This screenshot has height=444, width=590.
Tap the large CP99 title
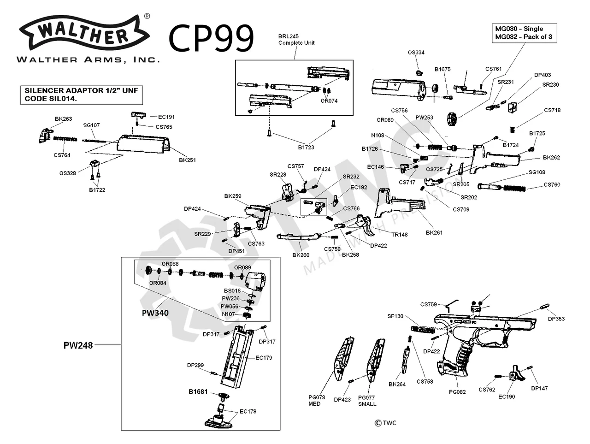[212, 38]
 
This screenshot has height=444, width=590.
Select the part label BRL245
[289, 36]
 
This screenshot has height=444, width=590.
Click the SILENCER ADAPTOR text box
[81, 95]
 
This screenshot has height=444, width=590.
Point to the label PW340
[155, 313]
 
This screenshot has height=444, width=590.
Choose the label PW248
[78, 345]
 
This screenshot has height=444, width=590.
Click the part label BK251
[188, 160]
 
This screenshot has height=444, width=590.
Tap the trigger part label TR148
[400, 234]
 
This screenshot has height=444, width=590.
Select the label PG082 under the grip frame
[457, 392]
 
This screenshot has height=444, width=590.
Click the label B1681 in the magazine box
[198, 392]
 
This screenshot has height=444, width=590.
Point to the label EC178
[248, 411]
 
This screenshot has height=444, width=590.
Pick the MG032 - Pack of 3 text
[524, 37]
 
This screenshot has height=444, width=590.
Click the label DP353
[556, 319]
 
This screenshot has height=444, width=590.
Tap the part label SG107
[91, 125]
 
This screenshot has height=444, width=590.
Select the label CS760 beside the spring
[552, 185]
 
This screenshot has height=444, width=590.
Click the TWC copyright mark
[385, 423]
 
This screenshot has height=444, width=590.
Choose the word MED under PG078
[314, 404]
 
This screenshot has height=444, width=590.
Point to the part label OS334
[416, 53]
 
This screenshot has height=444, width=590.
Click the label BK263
[64, 119]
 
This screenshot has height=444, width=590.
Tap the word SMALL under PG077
[367, 404]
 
